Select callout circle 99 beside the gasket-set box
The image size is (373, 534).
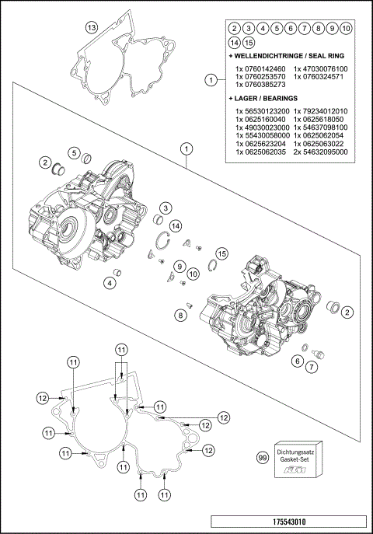tap(262, 461)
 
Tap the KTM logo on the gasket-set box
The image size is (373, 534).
tap(296, 472)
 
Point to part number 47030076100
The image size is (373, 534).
tap(321, 69)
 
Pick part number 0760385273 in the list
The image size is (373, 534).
tap(260, 86)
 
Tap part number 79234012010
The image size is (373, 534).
tap(321, 111)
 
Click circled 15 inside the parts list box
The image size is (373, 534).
tap(248, 42)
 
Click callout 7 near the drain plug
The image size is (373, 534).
tap(314, 366)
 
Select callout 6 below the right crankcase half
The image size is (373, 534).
tap(297, 360)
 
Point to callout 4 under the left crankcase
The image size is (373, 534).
tap(110, 283)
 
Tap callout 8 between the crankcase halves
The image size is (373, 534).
tap(180, 315)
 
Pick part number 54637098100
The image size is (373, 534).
tap(321, 127)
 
